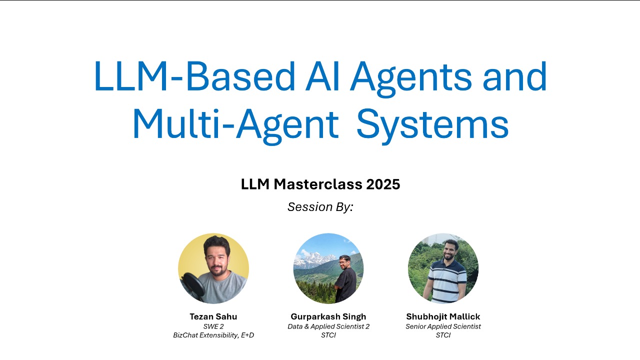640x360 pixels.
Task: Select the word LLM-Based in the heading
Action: (194, 76)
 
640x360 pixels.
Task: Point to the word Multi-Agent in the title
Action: (235, 126)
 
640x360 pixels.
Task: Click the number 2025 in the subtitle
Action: (383, 184)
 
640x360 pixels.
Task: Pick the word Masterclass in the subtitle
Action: (318, 184)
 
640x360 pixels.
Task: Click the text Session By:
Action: (320, 207)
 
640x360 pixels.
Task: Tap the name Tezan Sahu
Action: (213, 316)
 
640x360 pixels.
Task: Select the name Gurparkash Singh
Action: (328, 317)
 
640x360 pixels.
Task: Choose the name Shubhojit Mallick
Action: (443, 317)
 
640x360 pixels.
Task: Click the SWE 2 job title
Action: (213, 326)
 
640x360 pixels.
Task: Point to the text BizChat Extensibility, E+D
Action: (213, 335)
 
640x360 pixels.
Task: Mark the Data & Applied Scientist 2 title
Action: (328, 326)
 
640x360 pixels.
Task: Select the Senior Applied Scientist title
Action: (443, 326)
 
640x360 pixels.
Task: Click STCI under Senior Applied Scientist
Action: (443, 335)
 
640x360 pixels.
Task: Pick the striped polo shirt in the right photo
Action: (447, 281)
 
